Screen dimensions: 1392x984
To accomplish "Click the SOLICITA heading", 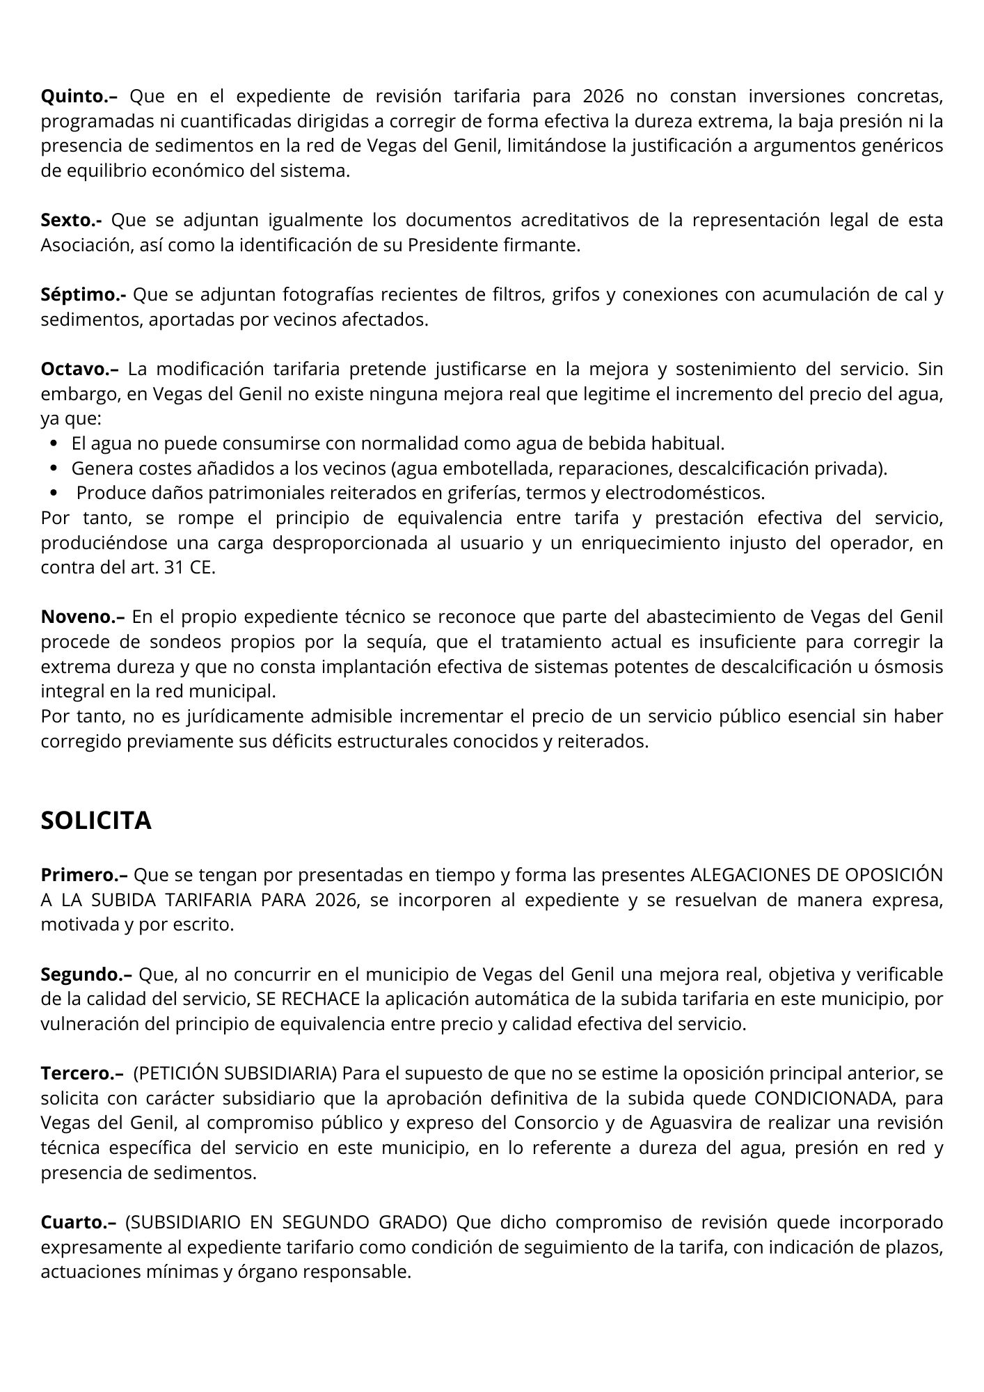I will point(96,821).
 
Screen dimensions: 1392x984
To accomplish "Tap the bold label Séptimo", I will point(83,295).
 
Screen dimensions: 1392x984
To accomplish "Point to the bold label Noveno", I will point(82,617).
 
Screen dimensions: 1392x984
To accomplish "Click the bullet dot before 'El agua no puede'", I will point(55,444).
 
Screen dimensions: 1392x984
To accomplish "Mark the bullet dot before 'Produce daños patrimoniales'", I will point(55,493).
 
